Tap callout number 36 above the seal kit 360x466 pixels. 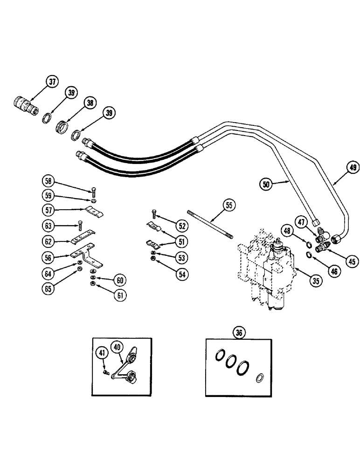tap(239, 333)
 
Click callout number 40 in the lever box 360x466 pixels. tap(118, 347)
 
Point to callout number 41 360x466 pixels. tap(101, 354)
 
